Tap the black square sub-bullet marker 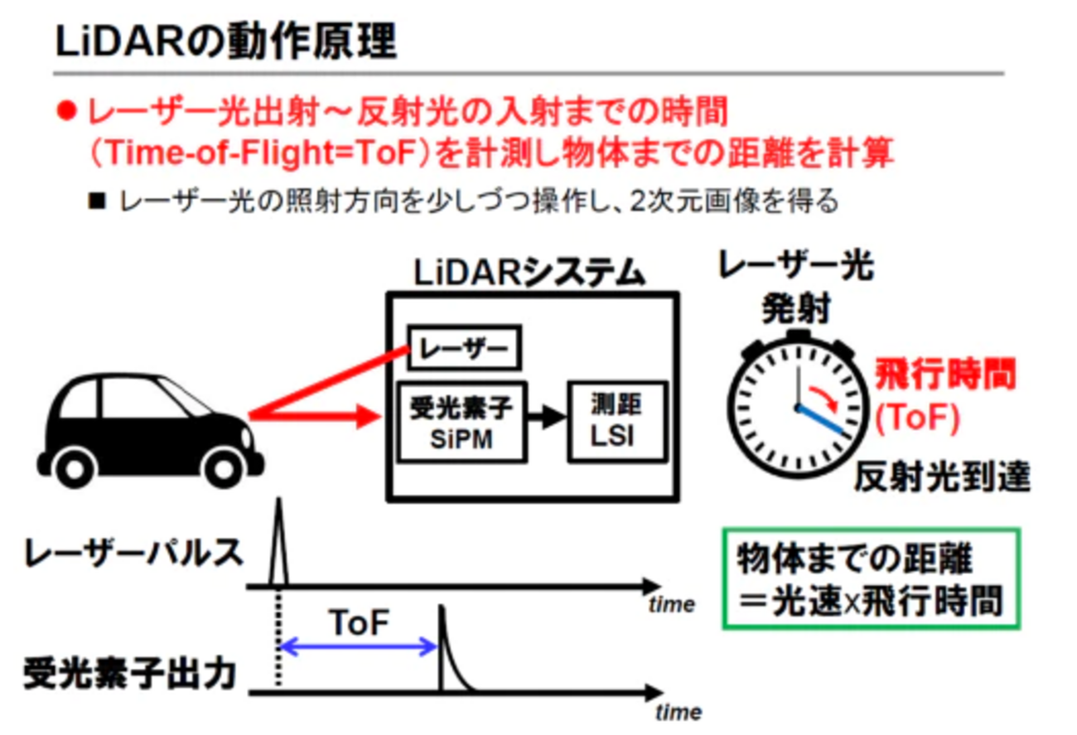pyautogui.click(x=97, y=201)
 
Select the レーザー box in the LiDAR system pyautogui.click(x=464, y=349)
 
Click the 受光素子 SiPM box pyautogui.click(x=461, y=422)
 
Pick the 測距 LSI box pyautogui.click(x=616, y=422)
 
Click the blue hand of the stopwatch pyautogui.click(x=823, y=420)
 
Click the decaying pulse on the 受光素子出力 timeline pyautogui.click(x=448, y=655)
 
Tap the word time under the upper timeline pyautogui.click(x=671, y=605)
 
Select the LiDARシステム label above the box pyautogui.click(x=529, y=272)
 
